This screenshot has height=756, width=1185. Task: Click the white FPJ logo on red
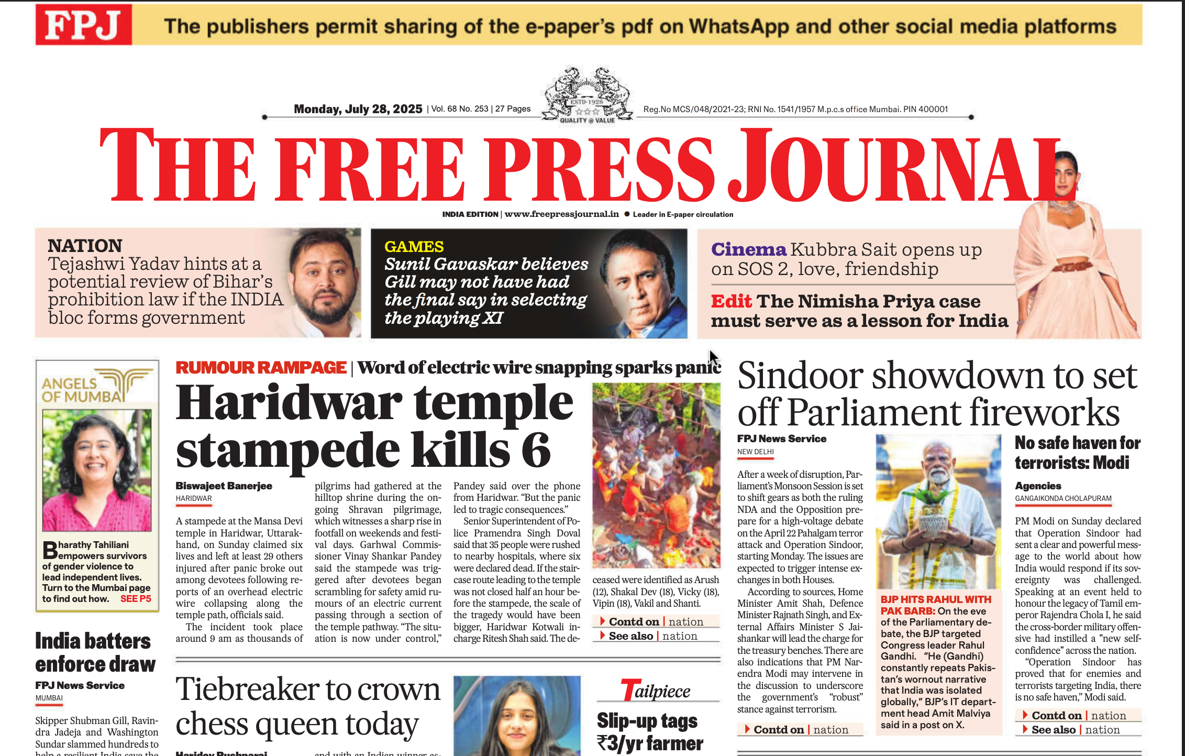coord(83,25)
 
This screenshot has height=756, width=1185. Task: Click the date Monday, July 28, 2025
coord(358,109)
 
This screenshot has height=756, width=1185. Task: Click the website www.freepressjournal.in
coord(561,214)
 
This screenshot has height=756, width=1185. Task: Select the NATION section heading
coord(85,246)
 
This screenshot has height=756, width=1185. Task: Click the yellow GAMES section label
coord(414,246)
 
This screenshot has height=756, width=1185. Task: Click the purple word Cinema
coord(748,249)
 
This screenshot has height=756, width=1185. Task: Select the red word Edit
coord(731,301)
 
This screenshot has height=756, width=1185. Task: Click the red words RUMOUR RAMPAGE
coord(261,368)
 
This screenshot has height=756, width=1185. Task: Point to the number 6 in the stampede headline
coord(535,450)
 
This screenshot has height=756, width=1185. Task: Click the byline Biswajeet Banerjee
coord(224,486)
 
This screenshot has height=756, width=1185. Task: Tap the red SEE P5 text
coord(136,599)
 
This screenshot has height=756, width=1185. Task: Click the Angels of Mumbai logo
coord(97,386)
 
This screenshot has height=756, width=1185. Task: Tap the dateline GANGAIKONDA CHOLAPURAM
coord(1062,498)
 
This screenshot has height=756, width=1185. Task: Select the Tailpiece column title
coord(656,691)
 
